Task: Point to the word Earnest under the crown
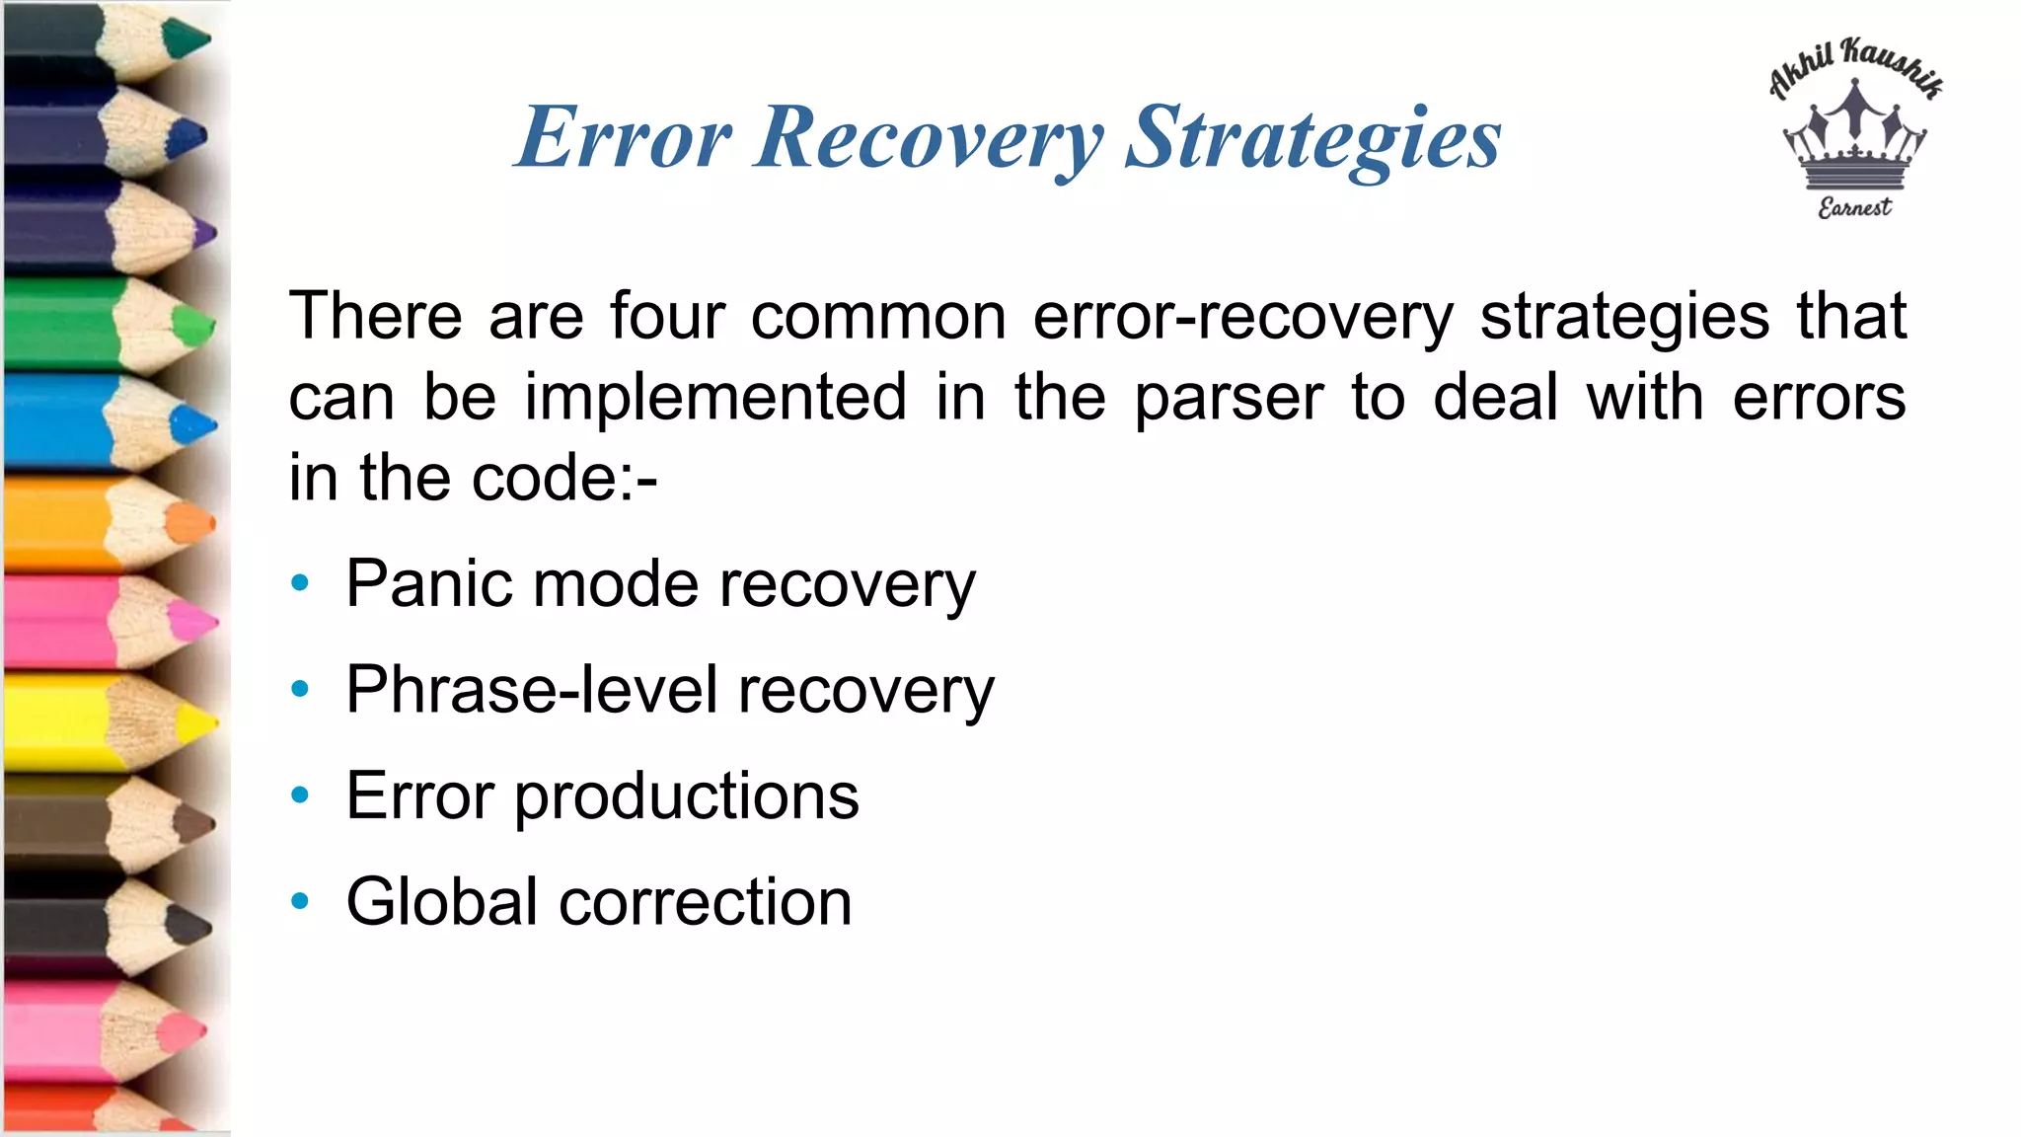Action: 1855,207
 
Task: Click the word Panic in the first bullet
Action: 429,583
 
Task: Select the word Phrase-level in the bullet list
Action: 531,690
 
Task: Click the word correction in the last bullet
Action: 706,902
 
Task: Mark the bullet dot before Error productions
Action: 300,795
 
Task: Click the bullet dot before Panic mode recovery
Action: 300,582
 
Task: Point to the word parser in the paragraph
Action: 1229,398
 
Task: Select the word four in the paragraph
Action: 667,317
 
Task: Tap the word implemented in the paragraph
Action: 715,398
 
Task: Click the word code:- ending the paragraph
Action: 564,479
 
